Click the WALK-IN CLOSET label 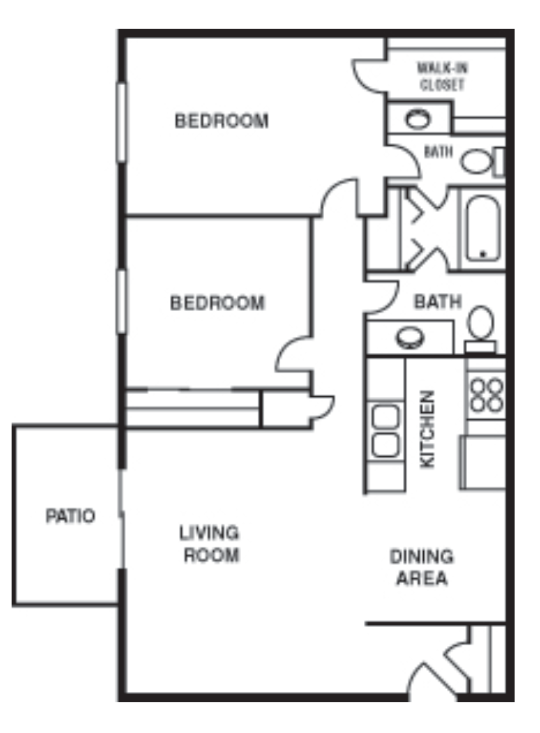coord(442,76)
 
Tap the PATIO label coord(70,516)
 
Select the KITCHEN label coord(429,429)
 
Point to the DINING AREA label coord(421,568)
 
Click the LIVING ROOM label coord(209,544)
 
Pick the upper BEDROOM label coord(221,121)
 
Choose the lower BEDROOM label coord(217,303)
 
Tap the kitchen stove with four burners coord(486,395)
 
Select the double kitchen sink coord(385,432)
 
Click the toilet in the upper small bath coord(478,161)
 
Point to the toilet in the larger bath coord(481,323)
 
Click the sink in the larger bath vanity coord(408,337)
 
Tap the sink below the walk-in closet coord(417,119)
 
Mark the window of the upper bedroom coord(122,121)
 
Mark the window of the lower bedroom coord(122,301)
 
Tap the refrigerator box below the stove coord(482,462)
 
